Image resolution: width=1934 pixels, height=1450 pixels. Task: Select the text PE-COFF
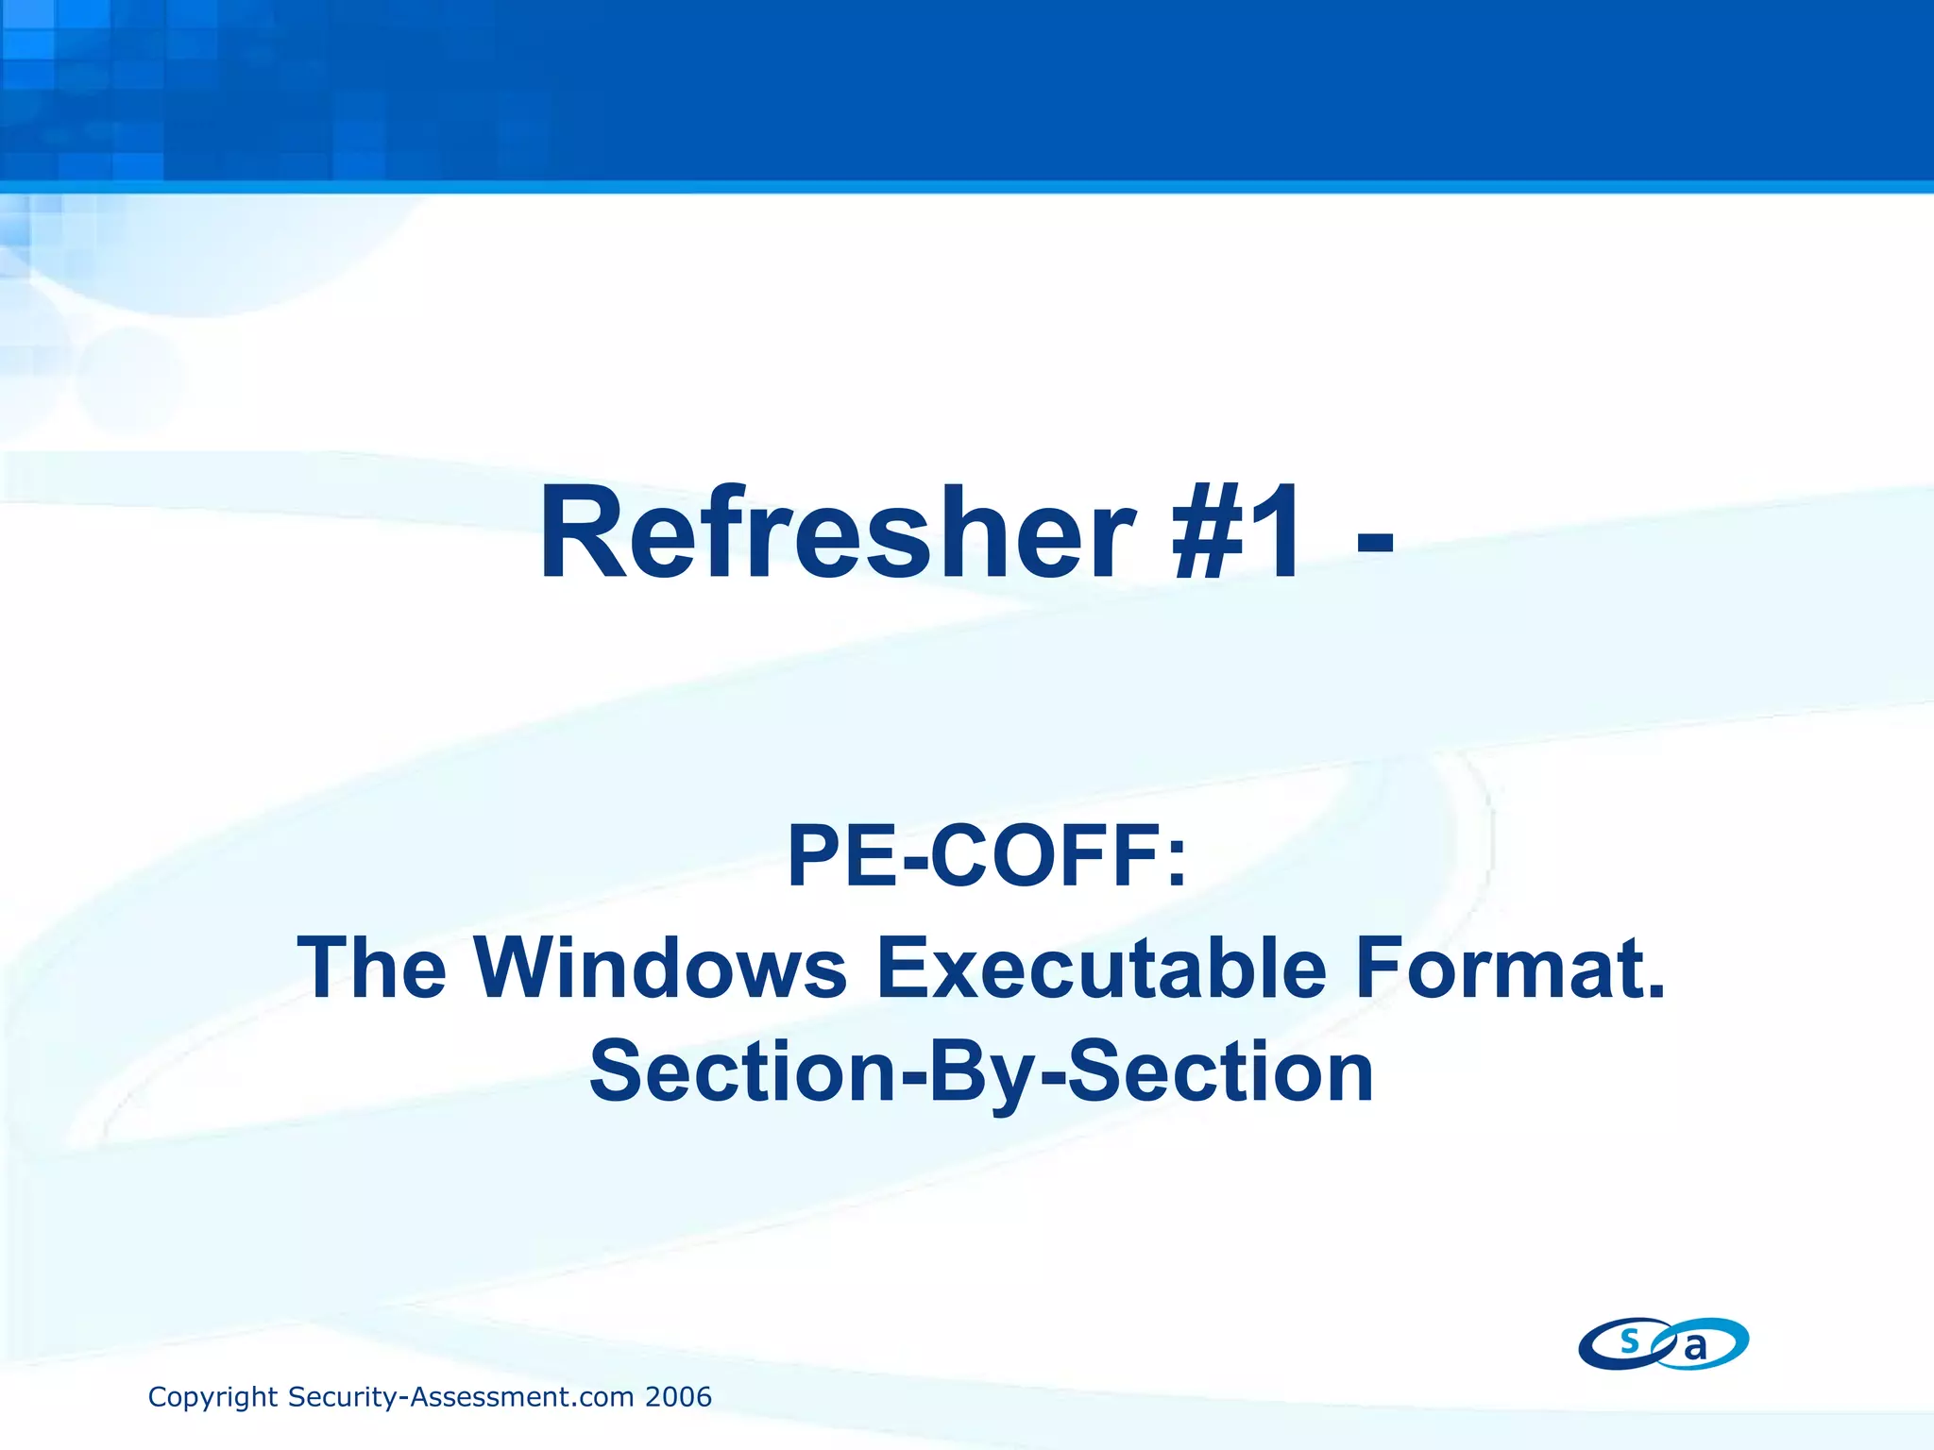coord(974,856)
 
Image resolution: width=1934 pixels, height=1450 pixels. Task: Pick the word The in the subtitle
coord(372,968)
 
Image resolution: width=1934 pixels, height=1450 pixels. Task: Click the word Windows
coord(660,968)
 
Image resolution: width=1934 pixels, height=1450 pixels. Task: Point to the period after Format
coord(1655,991)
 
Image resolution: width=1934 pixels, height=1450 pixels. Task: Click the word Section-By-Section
coord(981,1072)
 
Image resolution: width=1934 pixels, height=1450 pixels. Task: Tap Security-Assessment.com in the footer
coord(461,1397)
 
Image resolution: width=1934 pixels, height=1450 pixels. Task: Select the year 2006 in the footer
coord(677,1397)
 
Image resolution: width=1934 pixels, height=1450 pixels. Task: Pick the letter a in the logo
coord(1696,1348)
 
